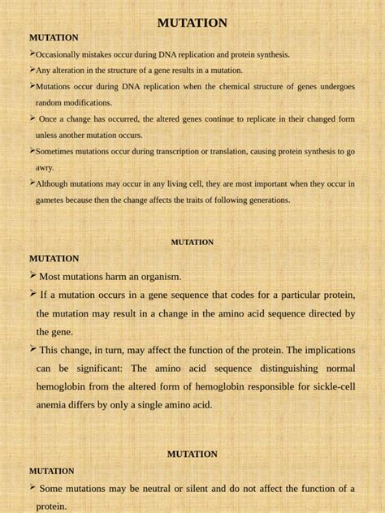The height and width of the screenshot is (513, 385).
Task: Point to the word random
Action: [x=50, y=103]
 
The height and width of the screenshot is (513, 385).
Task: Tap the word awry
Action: [x=44, y=167]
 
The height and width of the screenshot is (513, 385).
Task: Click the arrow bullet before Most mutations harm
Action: [x=33, y=276]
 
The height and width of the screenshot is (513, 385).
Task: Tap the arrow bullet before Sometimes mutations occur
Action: [x=32, y=150]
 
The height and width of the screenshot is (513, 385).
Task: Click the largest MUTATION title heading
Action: [x=192, y=23]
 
